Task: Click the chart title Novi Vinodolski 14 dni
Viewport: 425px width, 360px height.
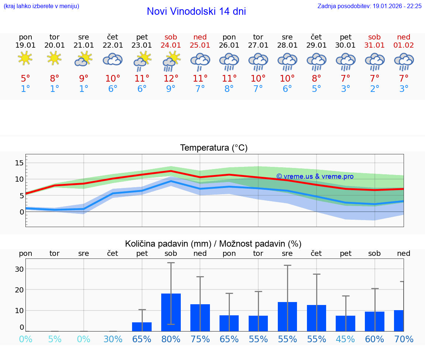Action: tap(196, 11)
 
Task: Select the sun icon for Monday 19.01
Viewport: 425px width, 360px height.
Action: tap(25, 58)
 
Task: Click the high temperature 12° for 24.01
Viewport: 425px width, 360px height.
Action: tap(171, 78)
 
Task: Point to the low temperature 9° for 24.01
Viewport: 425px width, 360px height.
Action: tap(171, 89)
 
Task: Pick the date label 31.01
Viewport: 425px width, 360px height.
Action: tap(374, 45)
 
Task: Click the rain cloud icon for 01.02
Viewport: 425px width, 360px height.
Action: tap(404, 61)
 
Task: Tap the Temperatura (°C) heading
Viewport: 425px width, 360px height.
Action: tap(214, 148)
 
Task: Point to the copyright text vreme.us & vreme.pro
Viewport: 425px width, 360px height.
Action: tap(315, 176)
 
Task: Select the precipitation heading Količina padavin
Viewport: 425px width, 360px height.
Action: tap(168, 244)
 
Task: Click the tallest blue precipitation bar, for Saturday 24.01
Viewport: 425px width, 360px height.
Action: tap(171, 312)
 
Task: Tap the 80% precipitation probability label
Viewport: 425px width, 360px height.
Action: tap(171, 339)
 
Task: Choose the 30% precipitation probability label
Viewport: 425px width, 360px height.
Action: tap(113, 339)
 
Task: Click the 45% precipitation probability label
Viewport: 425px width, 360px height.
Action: tap(345, 339)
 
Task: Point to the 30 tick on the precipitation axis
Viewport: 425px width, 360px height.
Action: tap(19, 269)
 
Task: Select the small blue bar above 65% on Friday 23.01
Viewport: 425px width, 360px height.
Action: tap(142, 326)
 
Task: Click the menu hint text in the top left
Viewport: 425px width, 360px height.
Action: tap(41, 6)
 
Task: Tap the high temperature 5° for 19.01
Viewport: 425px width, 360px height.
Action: tap(25, 78)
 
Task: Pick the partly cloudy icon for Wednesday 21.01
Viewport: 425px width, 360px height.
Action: tap(83, 58)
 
